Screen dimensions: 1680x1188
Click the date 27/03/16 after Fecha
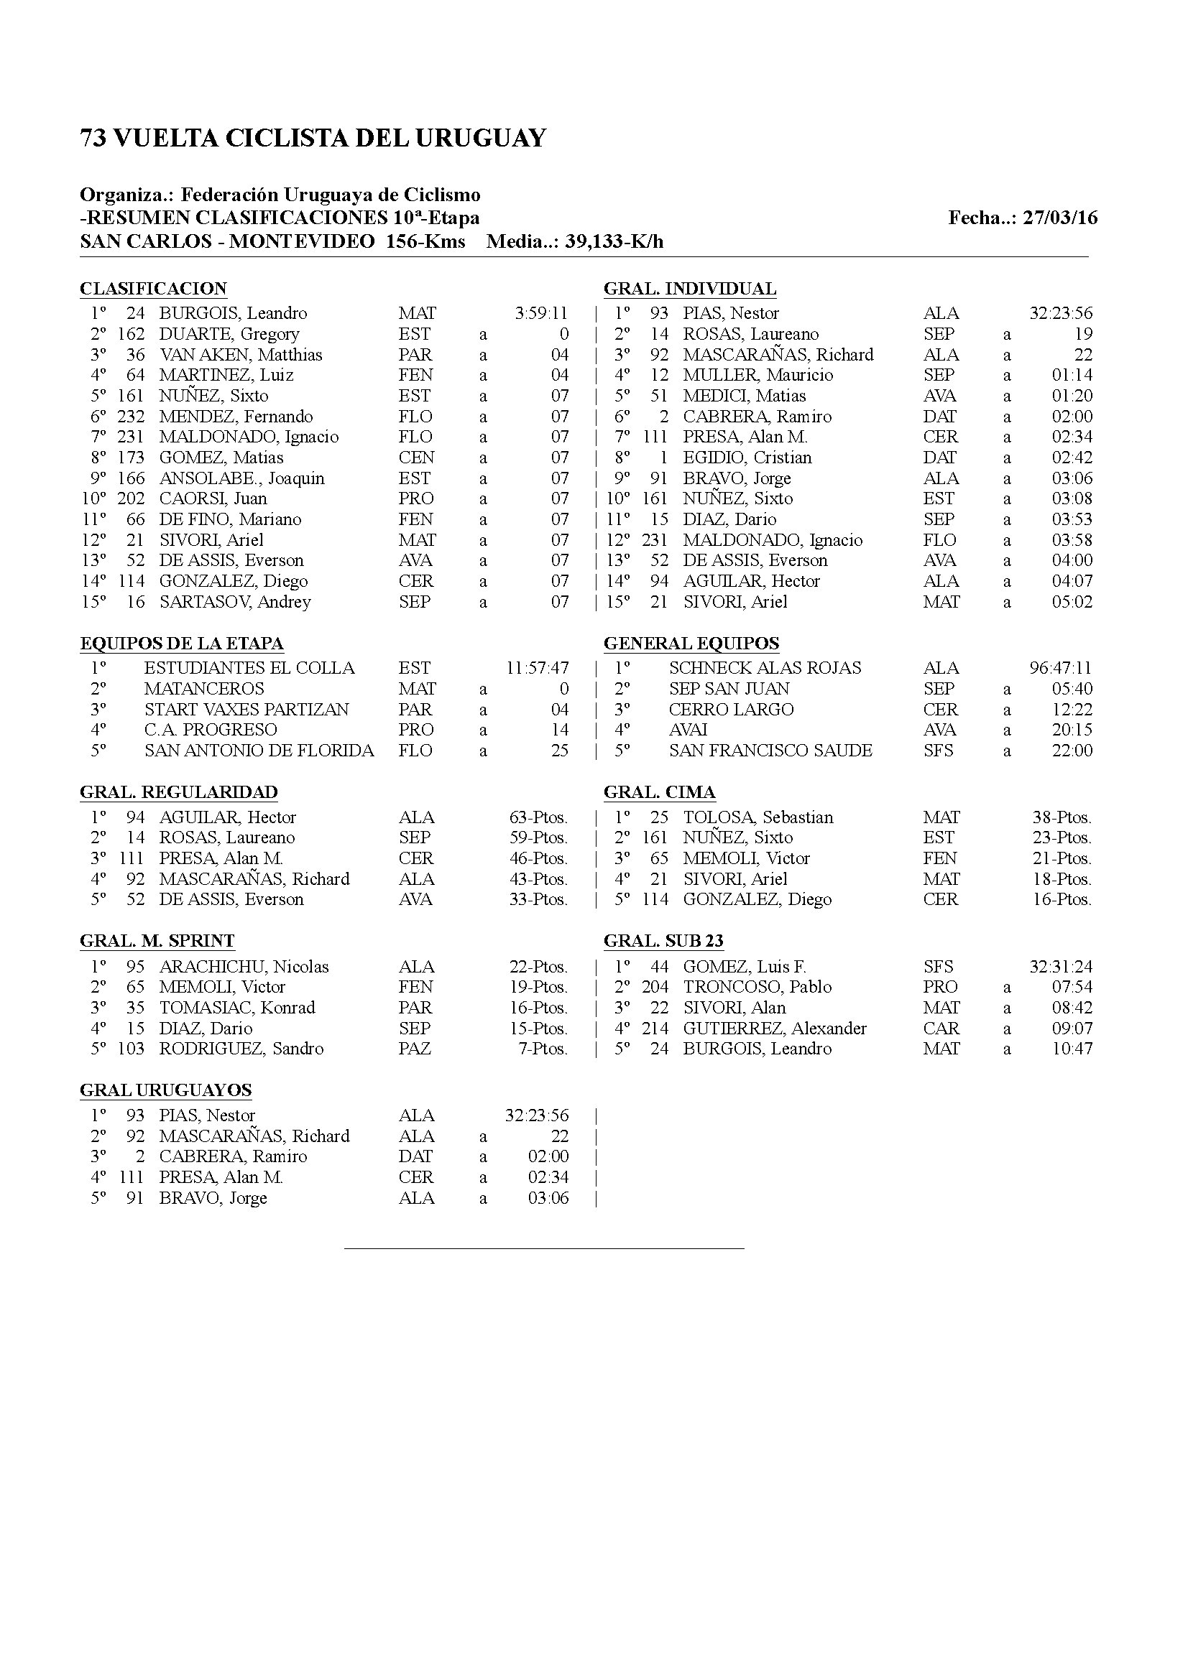tap(1060, 218)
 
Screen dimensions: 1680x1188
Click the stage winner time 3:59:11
tap(541, 313)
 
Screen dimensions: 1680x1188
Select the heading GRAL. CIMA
tap(660, 792)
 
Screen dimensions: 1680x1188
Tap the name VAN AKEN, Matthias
tap(241, 355)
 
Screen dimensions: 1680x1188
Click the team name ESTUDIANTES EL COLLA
tap(249, 668)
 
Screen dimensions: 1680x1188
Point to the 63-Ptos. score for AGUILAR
tap(538, 817)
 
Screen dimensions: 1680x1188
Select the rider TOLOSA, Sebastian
tap(758, 817)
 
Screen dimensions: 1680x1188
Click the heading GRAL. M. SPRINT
tap(157, 941)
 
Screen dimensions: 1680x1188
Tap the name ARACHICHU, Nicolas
tap(244, 967)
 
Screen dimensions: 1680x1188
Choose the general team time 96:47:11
tap(1061, 668)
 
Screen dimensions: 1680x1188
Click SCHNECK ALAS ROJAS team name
tap(765, 668)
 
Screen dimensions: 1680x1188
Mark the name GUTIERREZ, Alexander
tap(775, 1029)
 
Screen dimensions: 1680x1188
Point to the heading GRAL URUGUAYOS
tap(165, 1090)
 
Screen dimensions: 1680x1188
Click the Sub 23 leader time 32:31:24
tap(1061, 967)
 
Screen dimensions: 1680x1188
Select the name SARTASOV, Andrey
tap(235, 602)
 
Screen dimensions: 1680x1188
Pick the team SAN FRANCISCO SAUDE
tap(770, 751)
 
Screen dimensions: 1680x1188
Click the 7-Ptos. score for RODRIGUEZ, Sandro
tap(543, 1049)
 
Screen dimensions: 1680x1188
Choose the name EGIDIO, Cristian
tap(747, 458)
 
